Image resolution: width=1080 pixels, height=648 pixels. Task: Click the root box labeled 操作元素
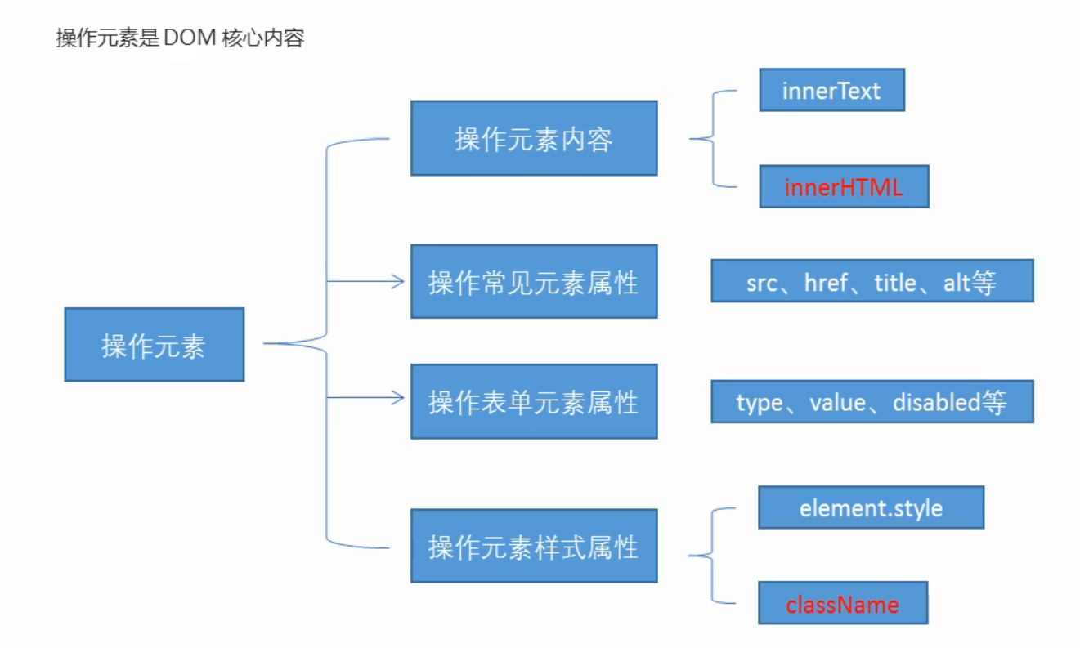coord(154,345)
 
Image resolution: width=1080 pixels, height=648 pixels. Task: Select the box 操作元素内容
coord(533,138)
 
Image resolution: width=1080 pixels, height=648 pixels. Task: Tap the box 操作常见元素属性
coord(533,282)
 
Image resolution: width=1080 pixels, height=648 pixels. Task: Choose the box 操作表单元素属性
coord(533,401)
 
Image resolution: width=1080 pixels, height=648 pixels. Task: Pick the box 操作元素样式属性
coord(533,546)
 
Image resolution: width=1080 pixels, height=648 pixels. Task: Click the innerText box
coord(831,90)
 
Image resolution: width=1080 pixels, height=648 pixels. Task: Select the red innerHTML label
coord(843,187)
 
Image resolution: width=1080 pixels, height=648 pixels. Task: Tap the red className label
coord(842,605)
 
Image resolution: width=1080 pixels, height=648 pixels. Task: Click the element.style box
coord(871,508)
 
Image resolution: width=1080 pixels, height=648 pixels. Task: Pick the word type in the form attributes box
coord(759,403)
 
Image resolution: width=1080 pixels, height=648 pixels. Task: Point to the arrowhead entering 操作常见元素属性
coord(399,282)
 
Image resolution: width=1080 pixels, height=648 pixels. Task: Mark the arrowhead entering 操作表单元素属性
coord(399,398)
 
